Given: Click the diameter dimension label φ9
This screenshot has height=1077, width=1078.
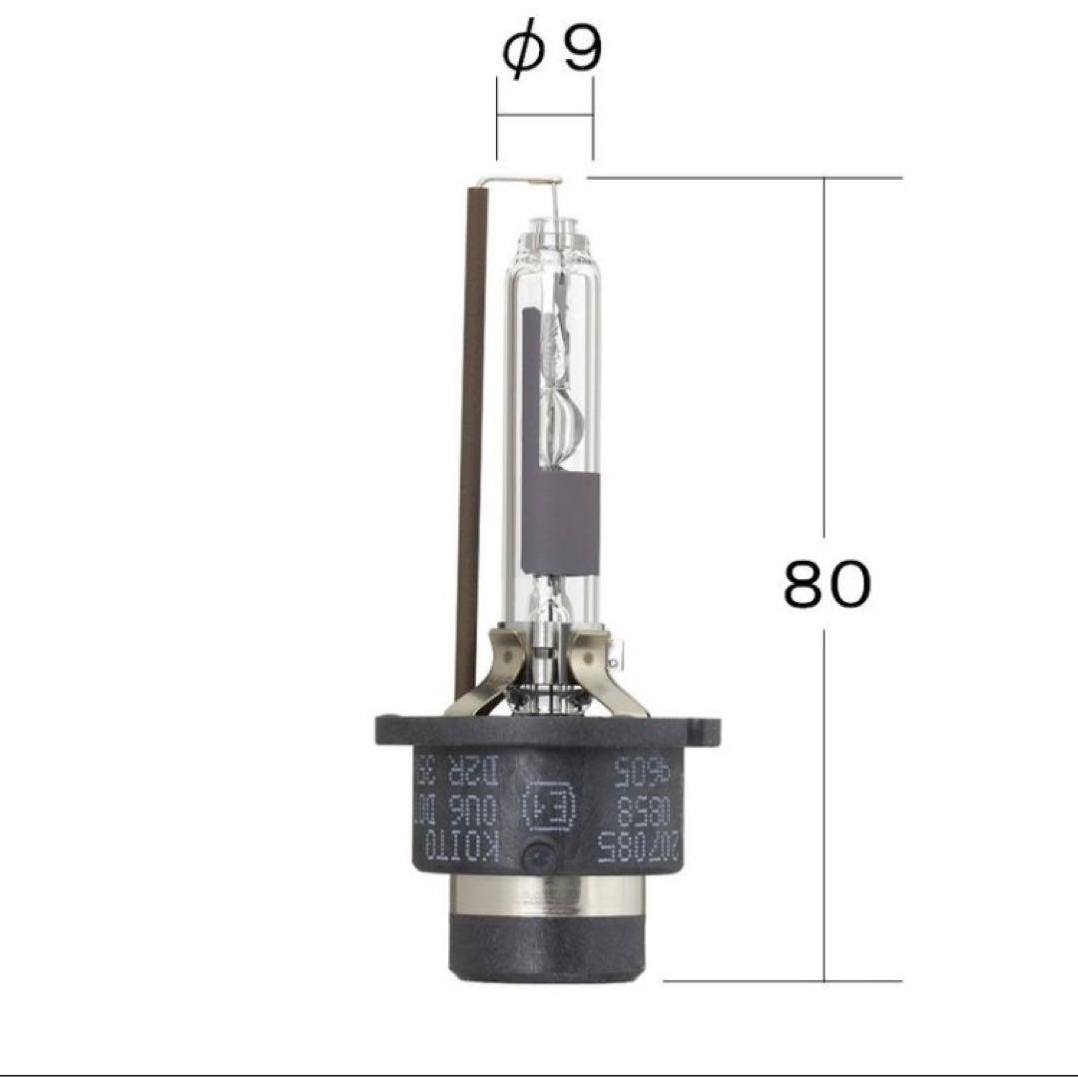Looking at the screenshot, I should pos(553,51).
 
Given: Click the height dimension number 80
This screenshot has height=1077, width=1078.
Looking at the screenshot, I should pos(826,585).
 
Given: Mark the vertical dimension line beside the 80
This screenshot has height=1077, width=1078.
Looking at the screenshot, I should pos(824,399).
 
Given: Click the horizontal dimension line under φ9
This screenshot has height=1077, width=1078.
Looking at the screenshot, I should pos(545,117).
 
